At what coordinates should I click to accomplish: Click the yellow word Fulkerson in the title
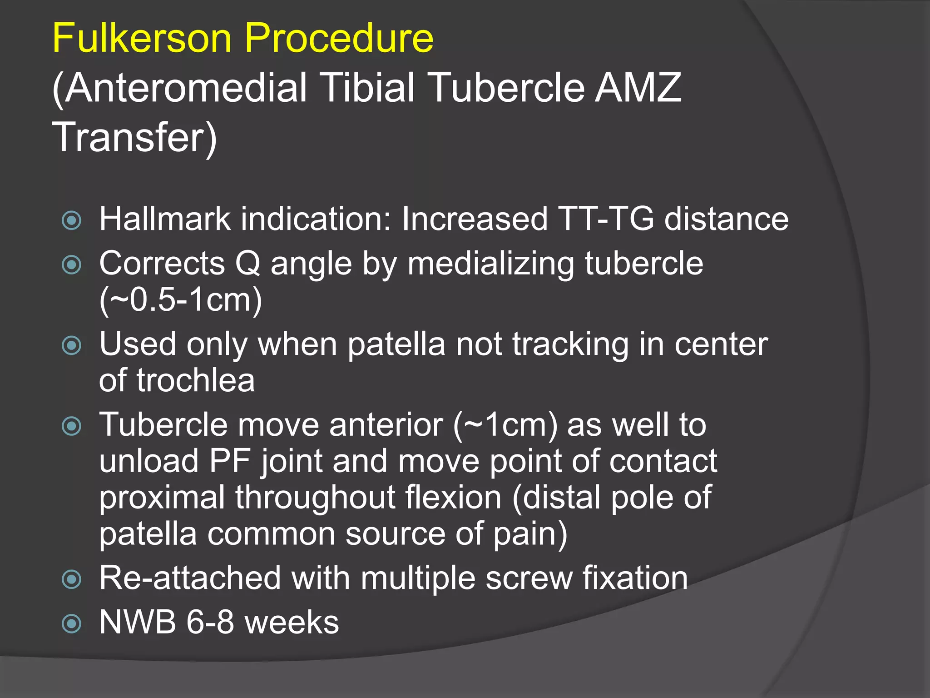[142, 38]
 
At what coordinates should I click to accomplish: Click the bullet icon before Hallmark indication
[72, 220]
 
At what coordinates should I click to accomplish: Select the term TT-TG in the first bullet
[606, 219]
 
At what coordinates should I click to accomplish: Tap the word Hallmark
[165, 219]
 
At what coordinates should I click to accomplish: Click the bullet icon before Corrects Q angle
[72, 264]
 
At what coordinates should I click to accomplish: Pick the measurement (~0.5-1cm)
[181, 300]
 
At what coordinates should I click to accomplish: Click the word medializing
[490, 264]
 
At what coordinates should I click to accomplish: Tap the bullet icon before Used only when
[72, 345]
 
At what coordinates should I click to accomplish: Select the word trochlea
[195, 380]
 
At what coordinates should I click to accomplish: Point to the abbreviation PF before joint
[230, 461]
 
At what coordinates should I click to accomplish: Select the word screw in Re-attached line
[529, 578]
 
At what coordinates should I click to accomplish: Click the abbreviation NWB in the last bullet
[138, 622]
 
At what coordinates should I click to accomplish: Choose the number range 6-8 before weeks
[210, 622]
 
